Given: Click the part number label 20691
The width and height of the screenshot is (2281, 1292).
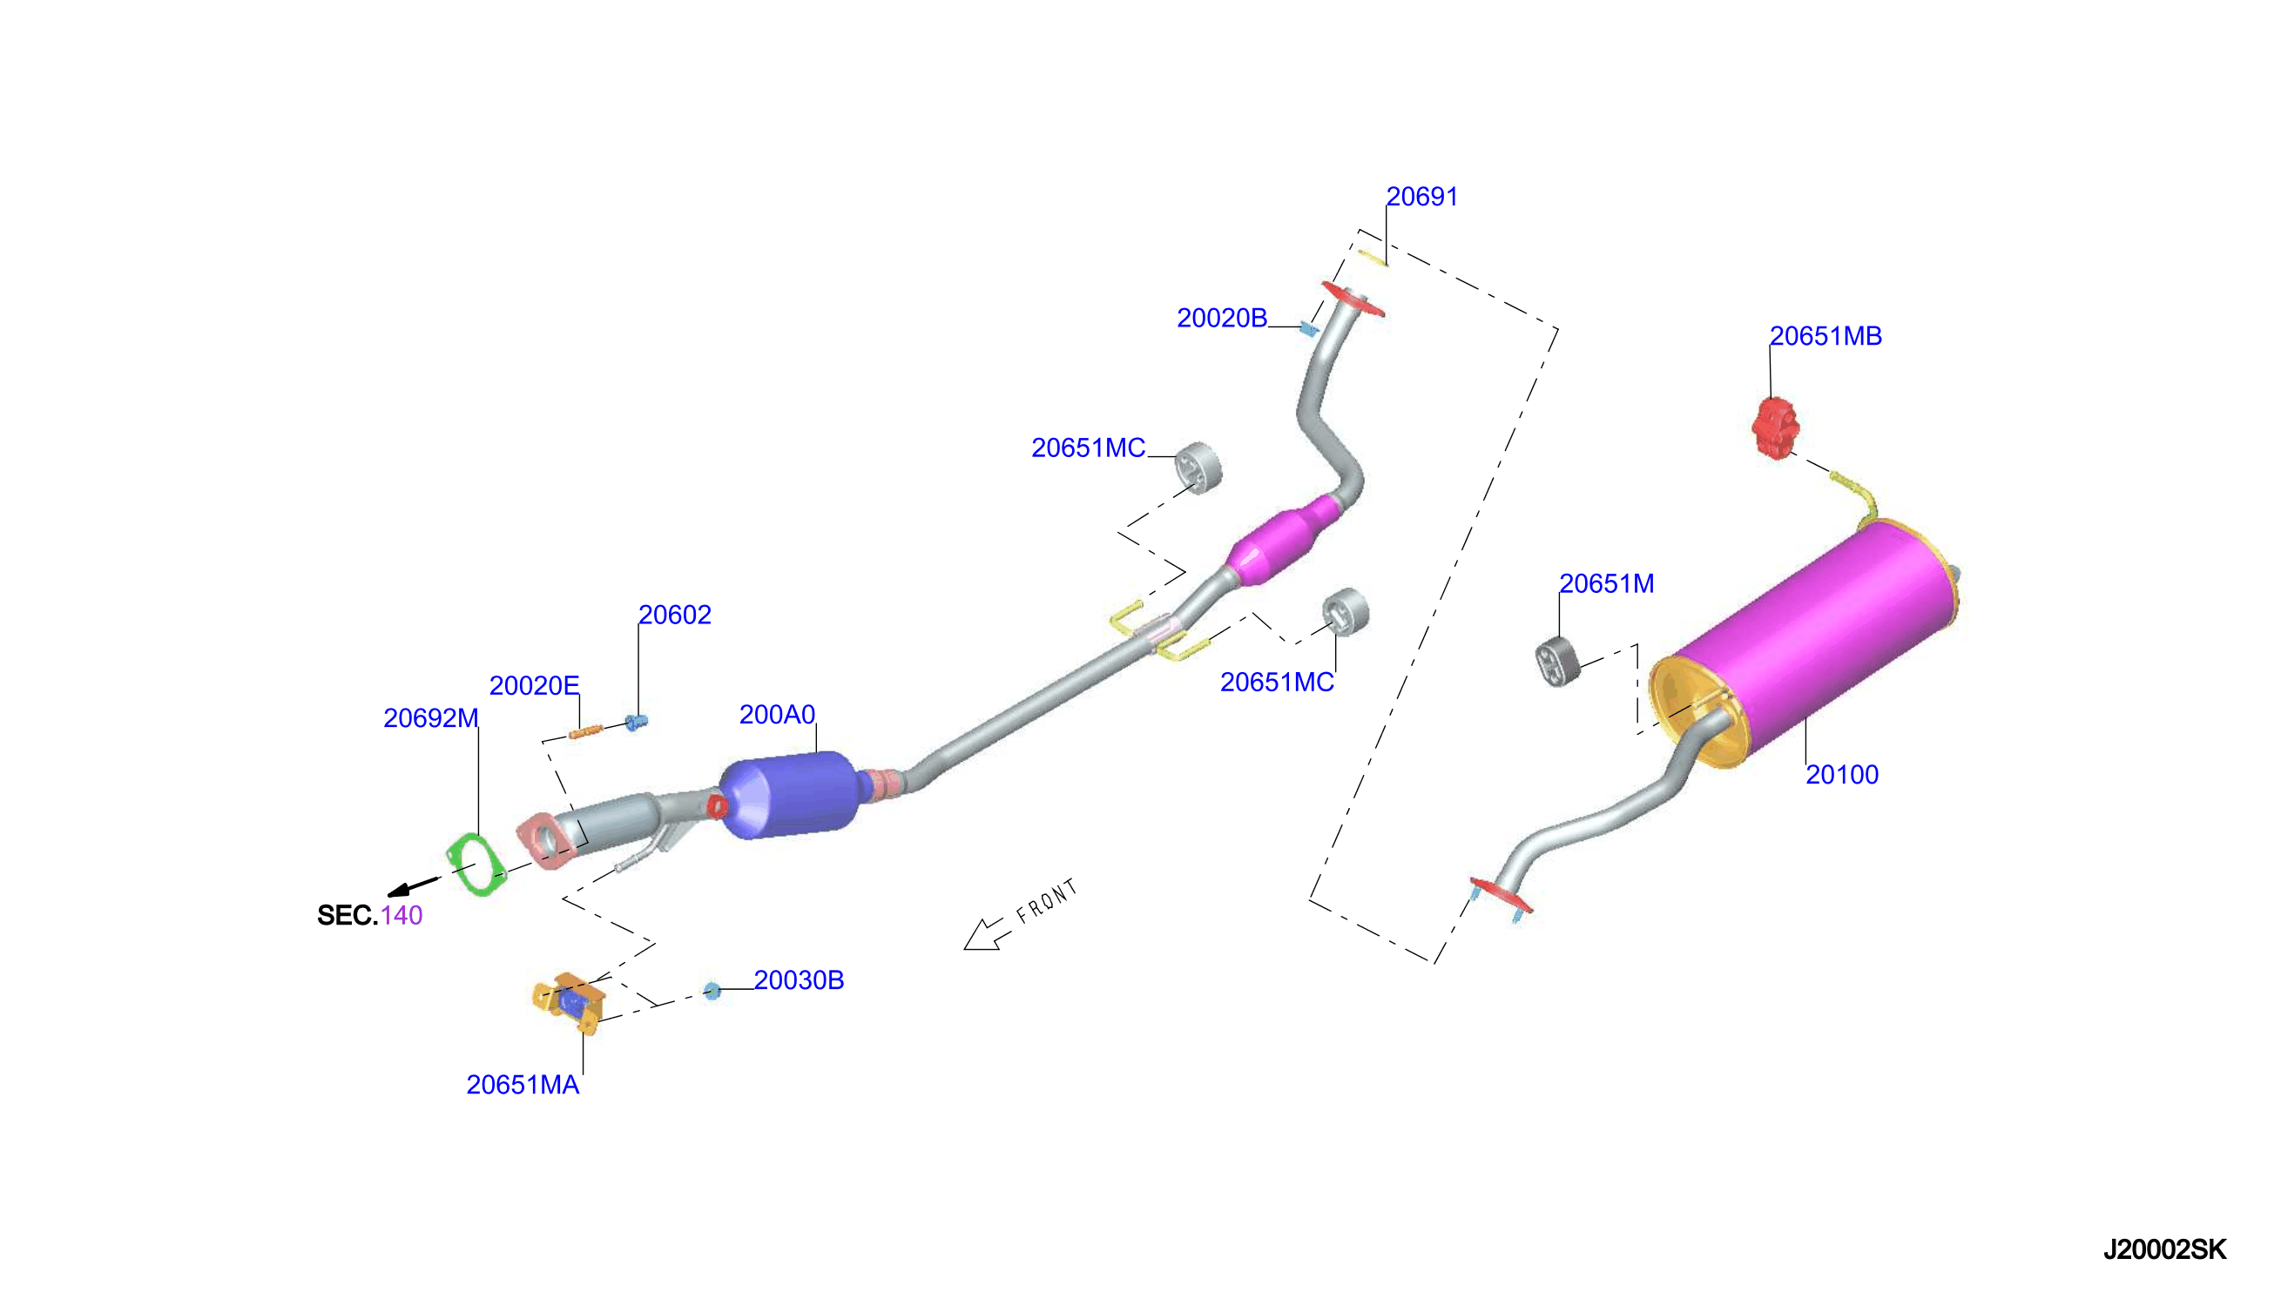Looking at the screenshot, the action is [1421, 196].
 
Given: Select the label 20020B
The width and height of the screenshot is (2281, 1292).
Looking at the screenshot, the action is [1221, 318].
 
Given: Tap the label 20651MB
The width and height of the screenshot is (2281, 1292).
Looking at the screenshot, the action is [1825, 335].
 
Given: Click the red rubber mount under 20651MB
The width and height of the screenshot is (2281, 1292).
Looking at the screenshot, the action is [1775, 428].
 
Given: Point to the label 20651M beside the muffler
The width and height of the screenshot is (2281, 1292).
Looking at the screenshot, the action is [1607, 583].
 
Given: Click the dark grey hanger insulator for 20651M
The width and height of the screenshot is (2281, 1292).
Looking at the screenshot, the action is [1557, 661].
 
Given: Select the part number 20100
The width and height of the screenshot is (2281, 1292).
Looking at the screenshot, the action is [1842, 774].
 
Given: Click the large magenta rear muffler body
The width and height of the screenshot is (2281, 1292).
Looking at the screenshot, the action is [1811, 639].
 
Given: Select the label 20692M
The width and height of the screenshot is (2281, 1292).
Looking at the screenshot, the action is [430, 718].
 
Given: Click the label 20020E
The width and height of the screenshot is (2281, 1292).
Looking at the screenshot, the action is [533, 685].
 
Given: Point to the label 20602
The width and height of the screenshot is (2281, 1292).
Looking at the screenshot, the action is [674, 614].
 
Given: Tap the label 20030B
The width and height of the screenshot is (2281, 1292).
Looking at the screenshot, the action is [799, 979].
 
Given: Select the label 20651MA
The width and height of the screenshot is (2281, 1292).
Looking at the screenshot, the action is [523, 1085].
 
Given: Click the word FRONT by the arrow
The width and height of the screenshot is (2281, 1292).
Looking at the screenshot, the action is [1047, 901].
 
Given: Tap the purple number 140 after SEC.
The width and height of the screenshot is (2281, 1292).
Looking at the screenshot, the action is [402, 915].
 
